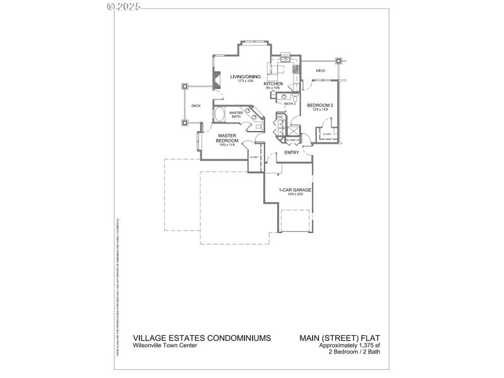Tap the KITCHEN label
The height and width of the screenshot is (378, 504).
click(272, 84)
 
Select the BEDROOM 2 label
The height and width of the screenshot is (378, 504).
click(319, 105)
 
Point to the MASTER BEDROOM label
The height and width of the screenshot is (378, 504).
click(227, 138)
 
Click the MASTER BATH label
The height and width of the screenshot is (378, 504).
click(236, 115)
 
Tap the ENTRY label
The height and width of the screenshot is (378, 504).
click(292, 152)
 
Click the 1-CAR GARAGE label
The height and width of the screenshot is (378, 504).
click(295, 190)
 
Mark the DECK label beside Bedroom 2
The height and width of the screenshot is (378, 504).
click(320, 71)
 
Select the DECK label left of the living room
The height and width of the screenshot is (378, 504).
click(196, 106)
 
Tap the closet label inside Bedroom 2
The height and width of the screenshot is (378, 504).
click(327, 134)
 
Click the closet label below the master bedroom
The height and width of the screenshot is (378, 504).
click(254, 157)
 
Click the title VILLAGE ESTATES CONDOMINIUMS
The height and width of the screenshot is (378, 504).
click(202, 338)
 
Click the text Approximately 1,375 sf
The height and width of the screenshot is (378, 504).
click(350, 345)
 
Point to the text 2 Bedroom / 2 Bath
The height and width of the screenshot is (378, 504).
click(355, 352)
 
